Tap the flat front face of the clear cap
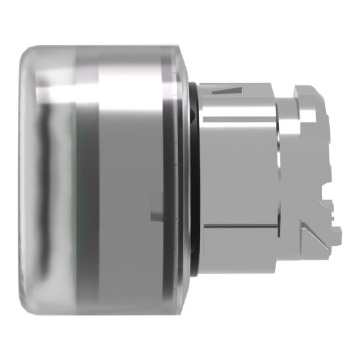pos(24,177)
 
